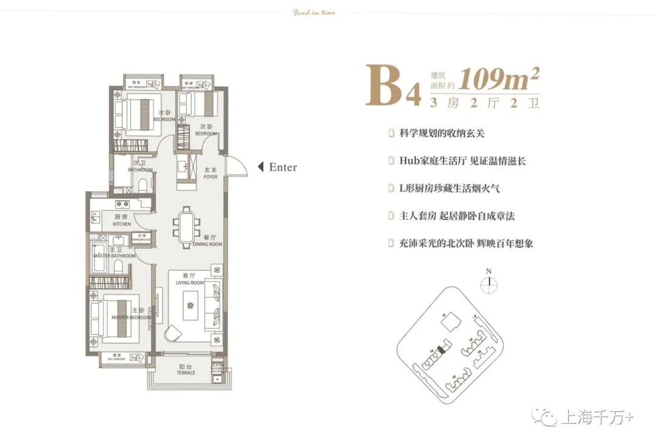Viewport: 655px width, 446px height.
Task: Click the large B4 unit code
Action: [x=392, y=86]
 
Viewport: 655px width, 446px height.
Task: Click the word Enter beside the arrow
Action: [x=283, y=167]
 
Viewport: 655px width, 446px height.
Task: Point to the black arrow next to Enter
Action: [x=260, y=167]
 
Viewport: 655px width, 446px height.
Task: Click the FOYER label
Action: [x=210, y=174]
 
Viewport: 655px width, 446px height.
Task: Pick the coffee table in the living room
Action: [x=192, y=305]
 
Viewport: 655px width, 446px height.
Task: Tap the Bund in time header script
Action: [x=314, y=12]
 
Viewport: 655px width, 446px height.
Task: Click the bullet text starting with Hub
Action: [x=462, y=161]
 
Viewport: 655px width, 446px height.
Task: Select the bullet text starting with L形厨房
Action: [x=449, y=189]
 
